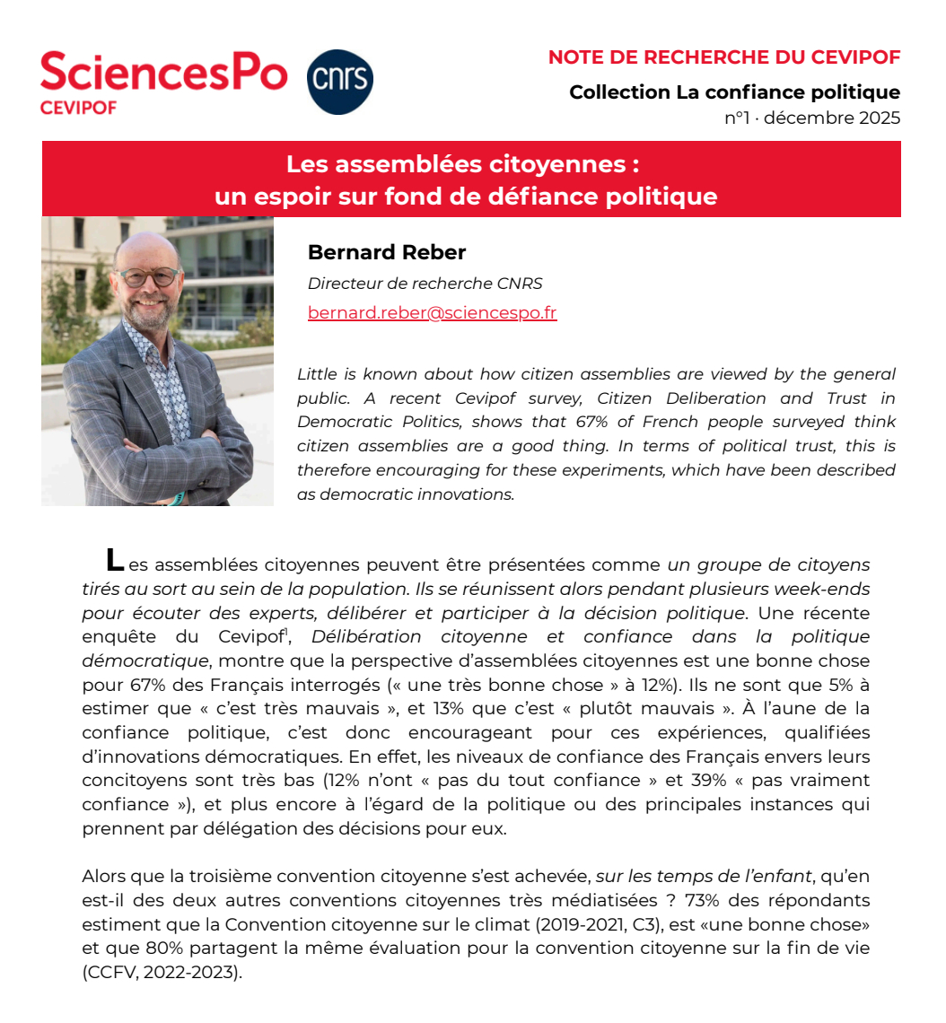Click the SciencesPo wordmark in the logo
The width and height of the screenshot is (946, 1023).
[164, 72]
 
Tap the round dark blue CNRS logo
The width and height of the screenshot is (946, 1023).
[340, 82]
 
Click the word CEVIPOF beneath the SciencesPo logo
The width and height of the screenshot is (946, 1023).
[78, 107]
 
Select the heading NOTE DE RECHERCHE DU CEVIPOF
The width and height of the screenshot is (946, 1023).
[724, 58]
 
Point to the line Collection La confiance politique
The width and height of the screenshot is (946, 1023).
[734, 92]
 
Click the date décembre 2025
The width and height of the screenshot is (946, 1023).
[832, 118]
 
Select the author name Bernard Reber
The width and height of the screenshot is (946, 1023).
[387, 252]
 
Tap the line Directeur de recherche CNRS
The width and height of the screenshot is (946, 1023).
[425, 284]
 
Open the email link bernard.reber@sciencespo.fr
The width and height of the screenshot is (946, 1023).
[432, 312]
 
